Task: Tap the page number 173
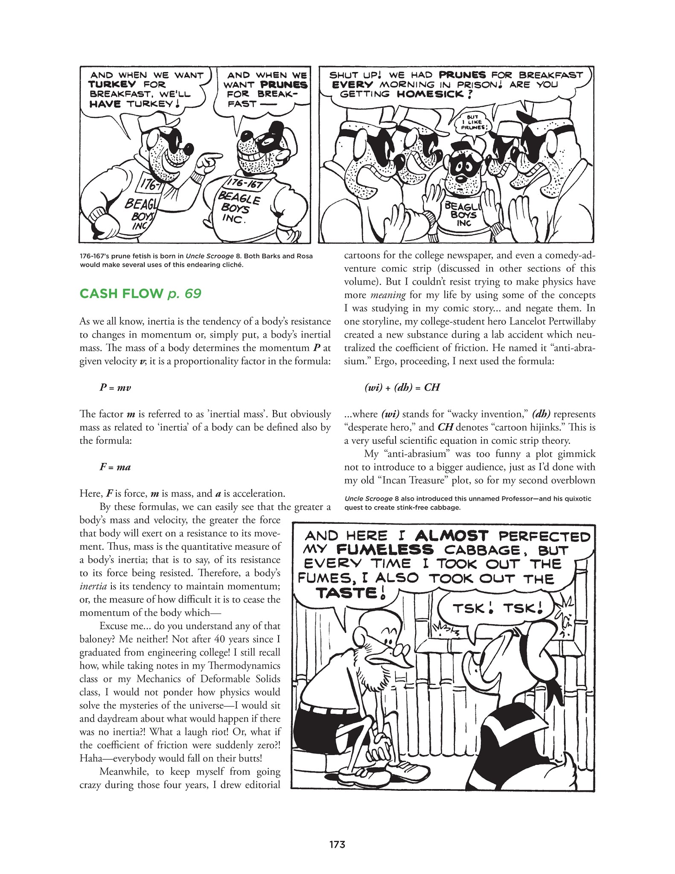(x=337, y=844)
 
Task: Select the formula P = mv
(x=115, y=387)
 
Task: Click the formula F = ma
(x=115, y=467)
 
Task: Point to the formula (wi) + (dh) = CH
(x=402, y=387)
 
